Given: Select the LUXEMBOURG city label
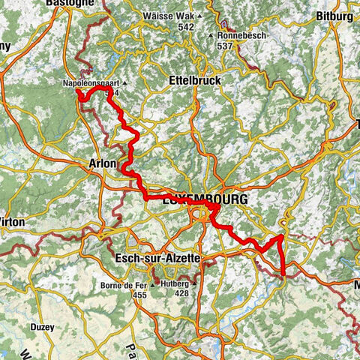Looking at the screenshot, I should click(204, 201).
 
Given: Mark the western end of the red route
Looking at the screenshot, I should click(78, 92).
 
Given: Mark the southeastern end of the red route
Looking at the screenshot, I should click(284, 275).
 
